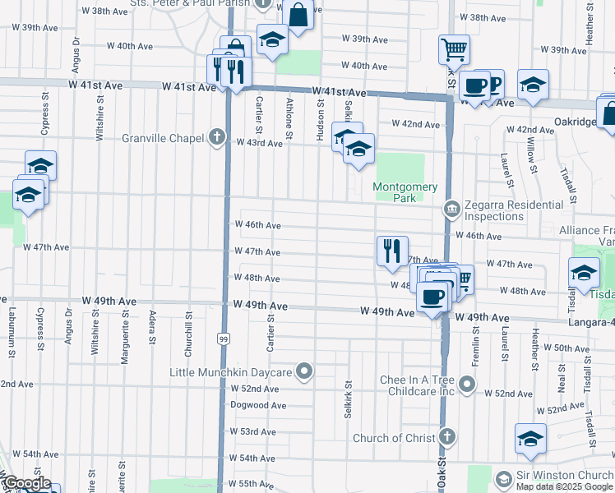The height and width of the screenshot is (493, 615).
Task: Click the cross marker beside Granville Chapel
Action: [x=217, y=136]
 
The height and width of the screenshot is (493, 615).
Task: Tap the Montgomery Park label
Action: [x=405, y=192]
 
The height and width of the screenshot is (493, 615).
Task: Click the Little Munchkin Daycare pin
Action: [x=304, y=372]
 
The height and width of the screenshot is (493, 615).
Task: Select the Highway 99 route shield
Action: [x=224, y=338]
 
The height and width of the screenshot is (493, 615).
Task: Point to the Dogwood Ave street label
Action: [x=257, y=405]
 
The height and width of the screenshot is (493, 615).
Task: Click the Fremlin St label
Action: [x=476, y=344]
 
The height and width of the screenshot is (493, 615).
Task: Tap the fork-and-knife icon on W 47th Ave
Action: [x=393, y=250]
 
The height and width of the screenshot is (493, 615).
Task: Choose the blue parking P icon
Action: [x=496, y=85]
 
